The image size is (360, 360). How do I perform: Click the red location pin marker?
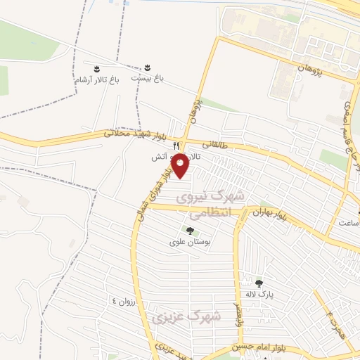click(x=181, y=165)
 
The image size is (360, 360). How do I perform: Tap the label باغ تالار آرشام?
click(x=98, y=80)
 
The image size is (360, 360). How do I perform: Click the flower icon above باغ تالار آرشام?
click(x=96, y=68)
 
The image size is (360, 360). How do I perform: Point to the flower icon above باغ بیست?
click(x=148, y=67)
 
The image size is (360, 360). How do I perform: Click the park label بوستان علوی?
click(x=190, y=242)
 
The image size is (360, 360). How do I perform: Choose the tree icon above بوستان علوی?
click(x=189, y=230)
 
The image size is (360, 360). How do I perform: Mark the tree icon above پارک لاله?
click(x=259, y=283)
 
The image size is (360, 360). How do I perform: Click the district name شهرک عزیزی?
click(x=195, y=317)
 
